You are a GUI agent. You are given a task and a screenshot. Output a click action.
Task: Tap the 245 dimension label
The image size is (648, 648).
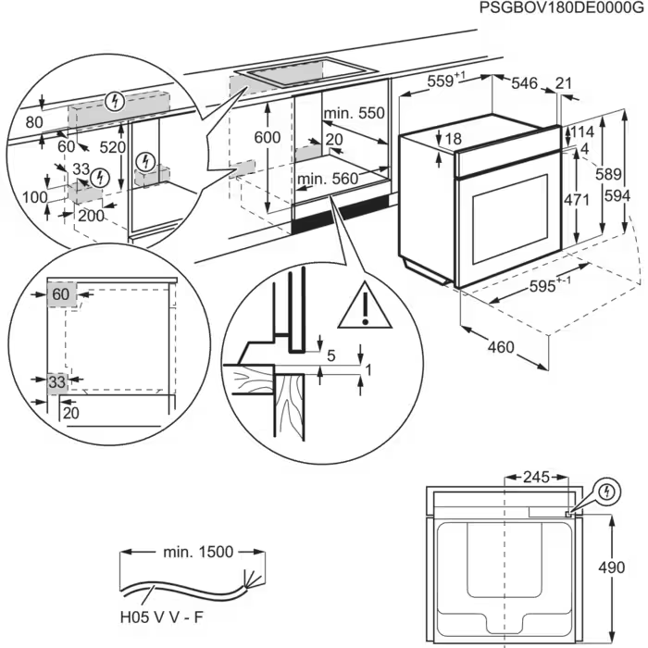535,478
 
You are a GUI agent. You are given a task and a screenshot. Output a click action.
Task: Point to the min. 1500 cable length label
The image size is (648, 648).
194,553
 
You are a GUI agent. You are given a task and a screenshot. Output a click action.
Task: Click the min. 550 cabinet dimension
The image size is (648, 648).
354,114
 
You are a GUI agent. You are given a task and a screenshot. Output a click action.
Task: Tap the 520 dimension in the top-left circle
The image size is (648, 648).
113,146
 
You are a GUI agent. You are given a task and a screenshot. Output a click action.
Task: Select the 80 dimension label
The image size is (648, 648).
35,121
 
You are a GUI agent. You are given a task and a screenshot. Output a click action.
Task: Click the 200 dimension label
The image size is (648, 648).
91,215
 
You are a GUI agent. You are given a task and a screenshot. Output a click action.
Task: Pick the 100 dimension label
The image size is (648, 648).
36,198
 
